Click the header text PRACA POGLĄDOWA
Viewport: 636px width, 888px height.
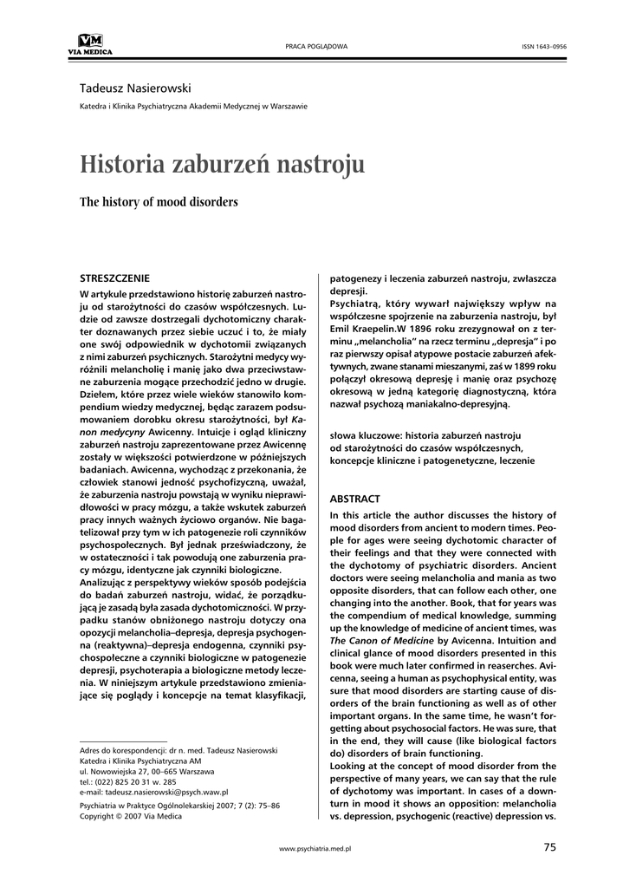[316, 45]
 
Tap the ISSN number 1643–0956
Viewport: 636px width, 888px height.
[543, 45]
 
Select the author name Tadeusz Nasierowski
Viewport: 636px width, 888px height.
[135, 88]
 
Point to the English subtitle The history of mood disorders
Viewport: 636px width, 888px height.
[159, 202]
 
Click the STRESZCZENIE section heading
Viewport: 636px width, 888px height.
[114, 278]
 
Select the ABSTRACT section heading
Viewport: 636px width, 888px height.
[355, 499]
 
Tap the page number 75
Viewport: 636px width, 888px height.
[550, 846]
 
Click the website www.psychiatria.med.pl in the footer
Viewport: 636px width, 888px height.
[315, 848]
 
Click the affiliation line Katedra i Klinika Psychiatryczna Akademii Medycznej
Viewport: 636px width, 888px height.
[192, 107]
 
